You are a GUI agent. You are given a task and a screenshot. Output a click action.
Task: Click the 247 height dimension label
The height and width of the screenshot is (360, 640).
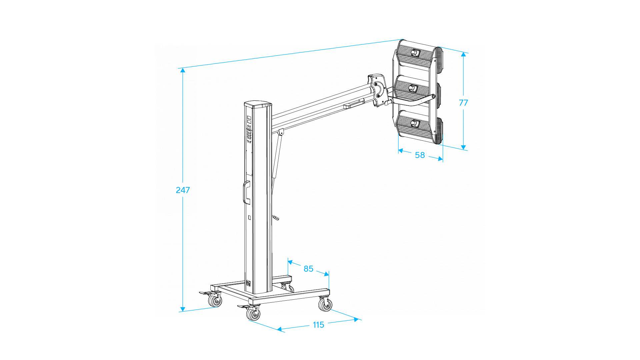[183, 190]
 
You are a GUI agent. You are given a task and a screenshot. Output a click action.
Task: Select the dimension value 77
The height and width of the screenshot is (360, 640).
[463, 103]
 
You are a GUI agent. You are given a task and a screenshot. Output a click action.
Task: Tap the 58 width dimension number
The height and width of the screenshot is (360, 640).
[420, 155]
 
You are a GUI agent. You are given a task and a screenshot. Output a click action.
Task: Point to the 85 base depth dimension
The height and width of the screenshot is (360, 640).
[308, 269]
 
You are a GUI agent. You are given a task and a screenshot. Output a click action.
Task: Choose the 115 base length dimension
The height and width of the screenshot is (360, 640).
[318, 325]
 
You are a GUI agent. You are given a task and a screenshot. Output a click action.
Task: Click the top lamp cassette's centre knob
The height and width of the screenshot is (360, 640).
[415, 53]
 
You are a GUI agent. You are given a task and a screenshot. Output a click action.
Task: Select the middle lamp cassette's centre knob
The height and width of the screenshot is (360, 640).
[413, 88]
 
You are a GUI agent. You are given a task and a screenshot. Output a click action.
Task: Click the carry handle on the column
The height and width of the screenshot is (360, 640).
[246, 192]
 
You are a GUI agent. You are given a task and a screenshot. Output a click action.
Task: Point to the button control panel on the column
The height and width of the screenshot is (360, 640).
[249, 130]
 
